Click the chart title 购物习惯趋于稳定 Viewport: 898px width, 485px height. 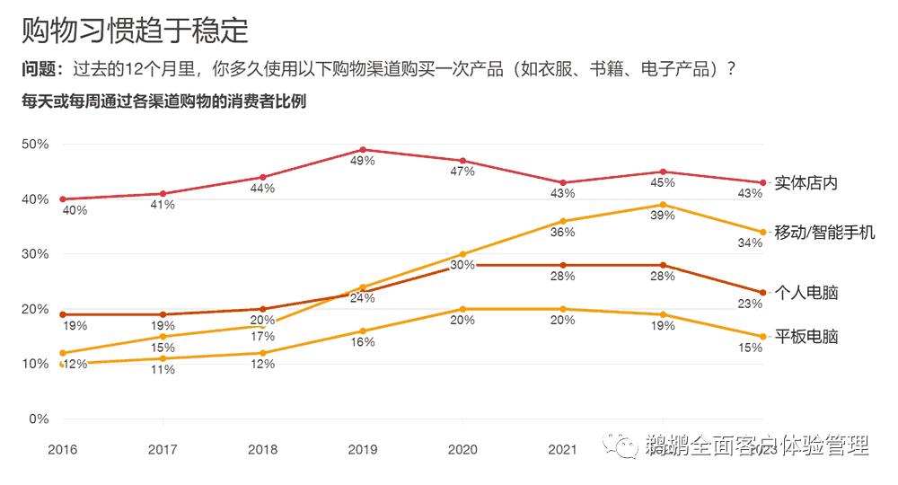coord(135,30)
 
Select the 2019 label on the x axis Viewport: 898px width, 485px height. coord(362,449)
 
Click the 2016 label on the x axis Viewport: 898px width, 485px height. coord(62,449)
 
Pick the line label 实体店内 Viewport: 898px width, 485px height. coord(806,183)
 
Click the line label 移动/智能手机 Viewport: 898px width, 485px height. coord(823,233)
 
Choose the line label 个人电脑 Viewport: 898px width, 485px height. coord(806,294)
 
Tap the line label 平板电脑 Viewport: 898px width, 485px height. coord(806,337)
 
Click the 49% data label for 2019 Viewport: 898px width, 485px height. coord(362,162)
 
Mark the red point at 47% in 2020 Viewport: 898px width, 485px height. coord(462,161)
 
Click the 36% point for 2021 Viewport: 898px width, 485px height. coord(563,221)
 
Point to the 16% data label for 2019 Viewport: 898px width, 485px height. coord(362,343)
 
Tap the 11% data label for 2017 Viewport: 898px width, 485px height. coord(163,370)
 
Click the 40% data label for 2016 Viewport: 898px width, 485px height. coord(75,211)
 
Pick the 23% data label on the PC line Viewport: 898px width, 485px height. coord(750,304)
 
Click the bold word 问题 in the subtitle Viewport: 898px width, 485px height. coord(41,70)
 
